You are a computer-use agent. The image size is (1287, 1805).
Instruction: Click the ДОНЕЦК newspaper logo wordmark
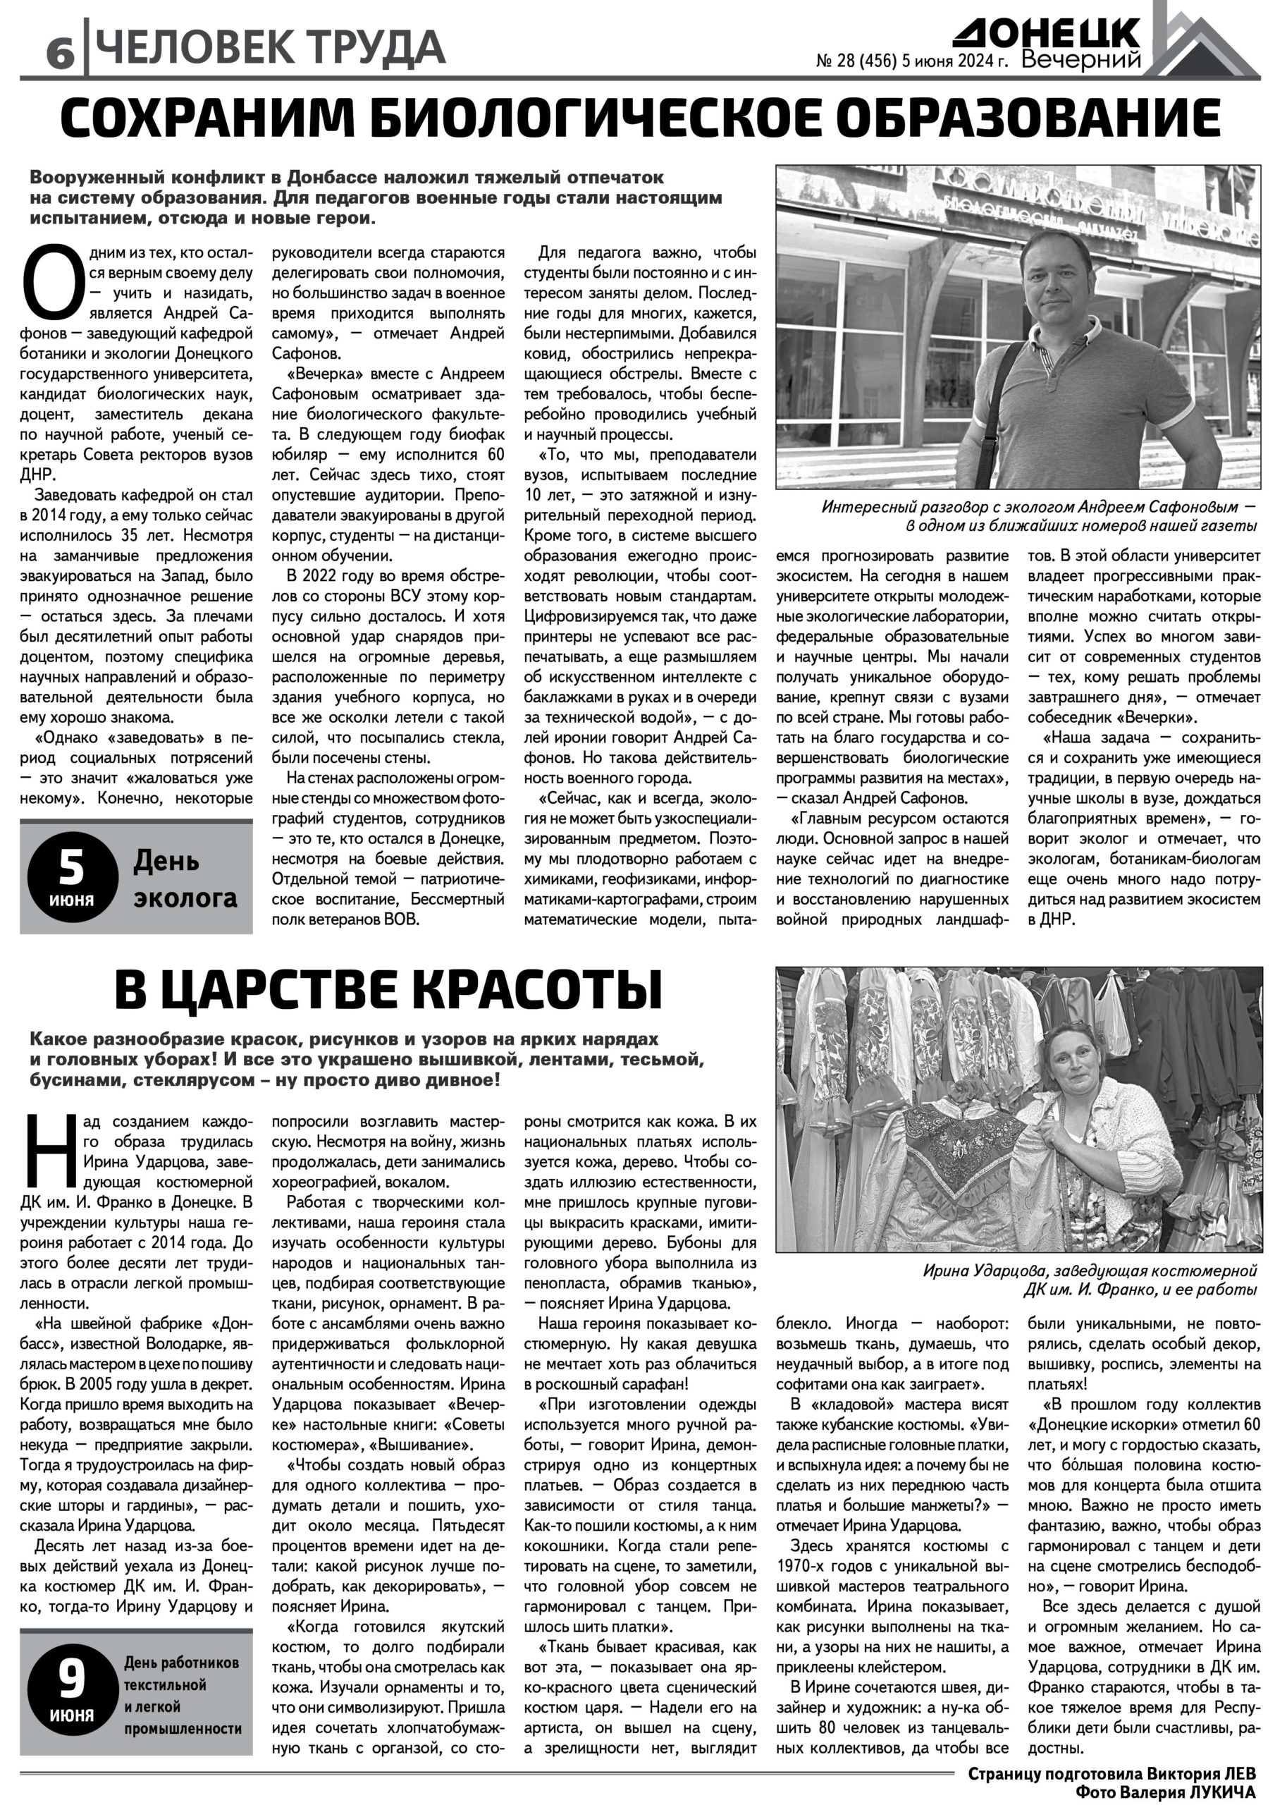[1046, 34]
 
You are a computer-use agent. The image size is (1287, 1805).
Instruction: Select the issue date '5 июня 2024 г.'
[955, 62]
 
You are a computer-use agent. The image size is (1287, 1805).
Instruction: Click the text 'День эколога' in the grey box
[185, 879]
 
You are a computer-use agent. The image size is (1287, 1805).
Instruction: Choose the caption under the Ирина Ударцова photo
[1090, 1280]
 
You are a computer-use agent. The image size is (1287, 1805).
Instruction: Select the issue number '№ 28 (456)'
[856, 62]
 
